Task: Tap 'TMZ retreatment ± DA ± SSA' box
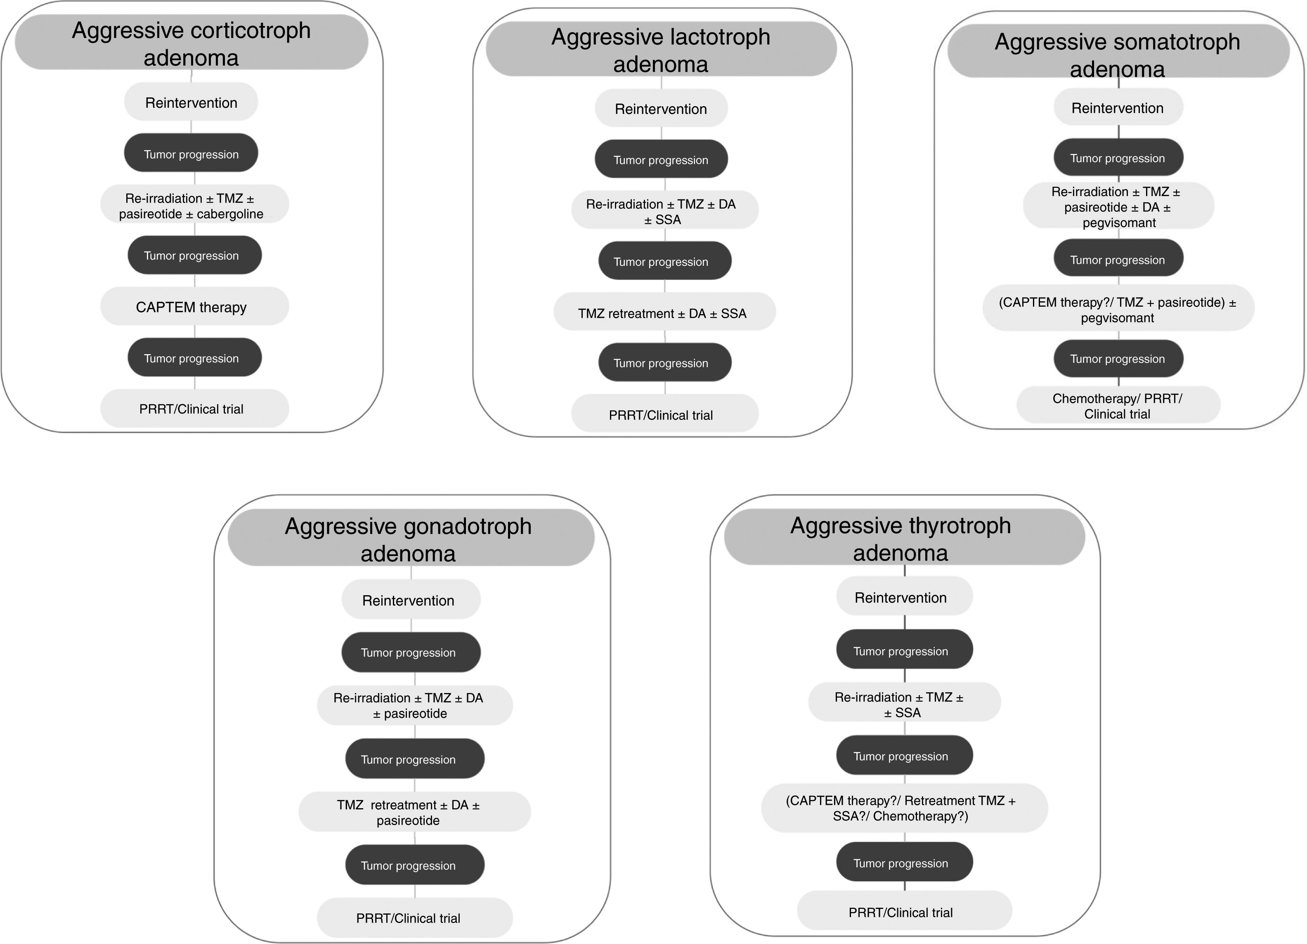tap(664, 313)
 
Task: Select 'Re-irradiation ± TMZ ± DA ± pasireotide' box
tap(414, 705)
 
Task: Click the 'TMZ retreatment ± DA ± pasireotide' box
tap(414, 812)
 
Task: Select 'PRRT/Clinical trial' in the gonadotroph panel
tap(414, 918)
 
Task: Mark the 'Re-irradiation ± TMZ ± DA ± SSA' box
tap(664, 211)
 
